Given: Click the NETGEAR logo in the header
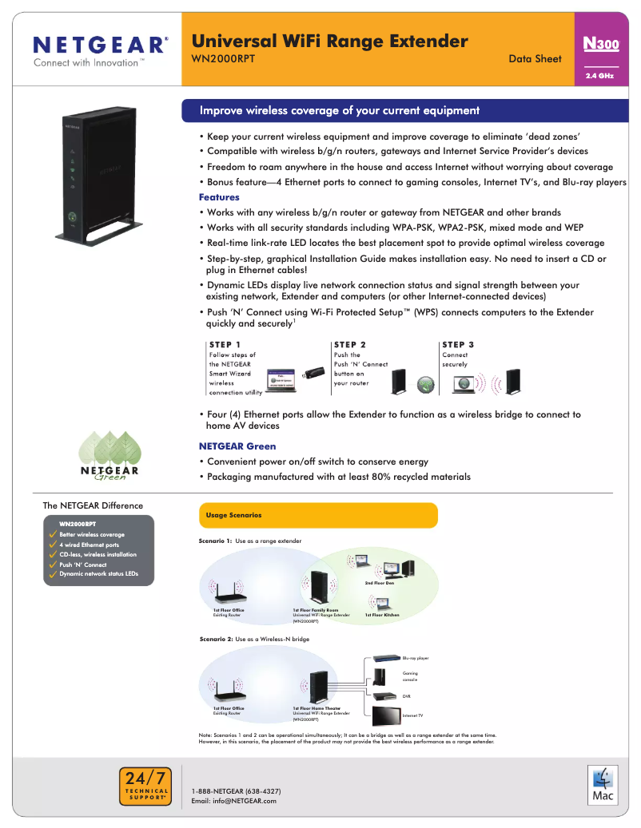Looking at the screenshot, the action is click(x=100, y=45).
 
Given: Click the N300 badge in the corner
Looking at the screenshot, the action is click(x=602, y=44).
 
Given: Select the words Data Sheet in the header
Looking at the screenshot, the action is click(x=535, y=58).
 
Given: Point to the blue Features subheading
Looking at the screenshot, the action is click(x=219, y=197).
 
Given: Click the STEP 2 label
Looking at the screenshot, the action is click(x=350, y=345).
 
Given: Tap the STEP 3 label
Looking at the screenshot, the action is click(x=458, y=345).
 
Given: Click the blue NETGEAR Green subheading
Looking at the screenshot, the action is click(x=237, y=446).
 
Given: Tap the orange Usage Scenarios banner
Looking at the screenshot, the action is click(x=317, y=515).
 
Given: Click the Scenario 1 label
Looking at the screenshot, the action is click(x=215, y=541).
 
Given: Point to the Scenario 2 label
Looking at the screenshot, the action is click(x=215, y=640).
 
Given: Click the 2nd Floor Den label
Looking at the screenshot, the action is click(x=380, y=583).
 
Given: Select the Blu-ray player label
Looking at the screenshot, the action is click(x=416, y=658).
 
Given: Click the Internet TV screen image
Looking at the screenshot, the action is click(x=386, y=713).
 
